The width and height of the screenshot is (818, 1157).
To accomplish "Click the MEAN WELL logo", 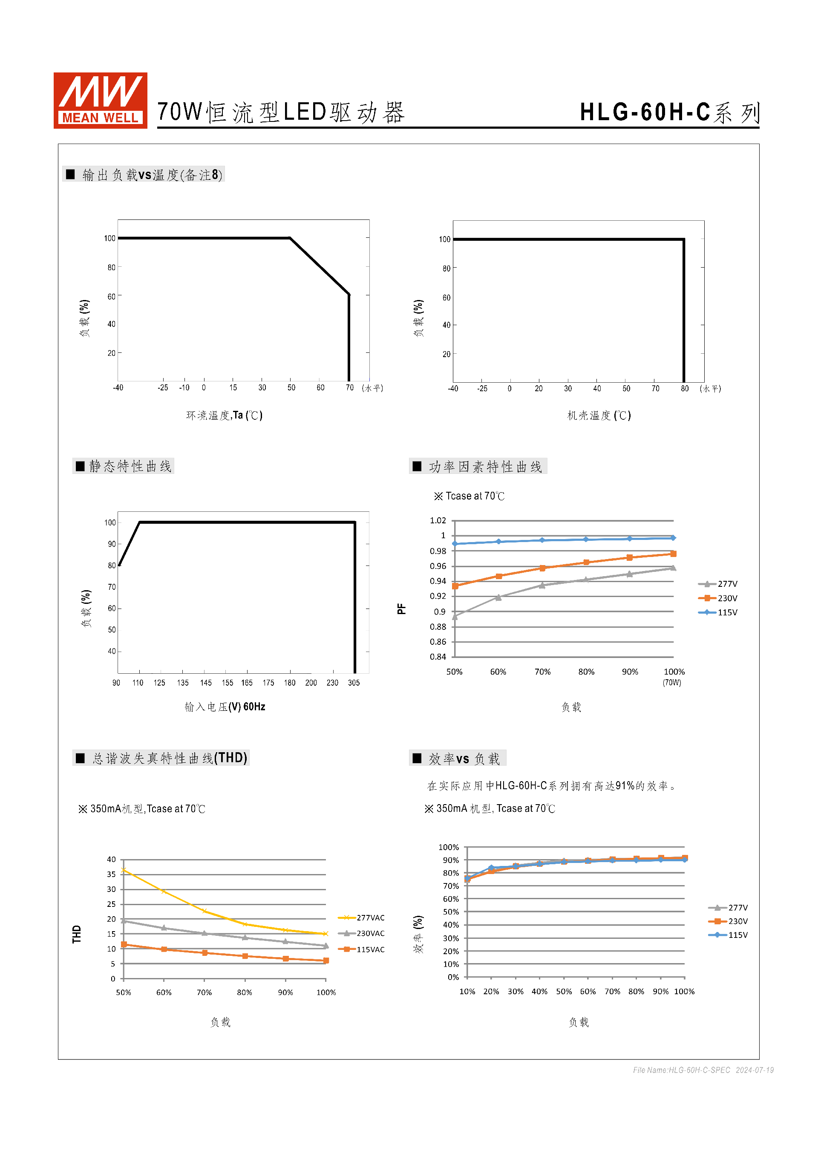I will (100, 100).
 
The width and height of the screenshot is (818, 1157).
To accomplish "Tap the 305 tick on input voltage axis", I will (354, 683).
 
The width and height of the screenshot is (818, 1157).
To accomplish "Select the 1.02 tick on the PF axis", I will (438, 521).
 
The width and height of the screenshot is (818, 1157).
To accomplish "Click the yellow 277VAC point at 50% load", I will (124, 870).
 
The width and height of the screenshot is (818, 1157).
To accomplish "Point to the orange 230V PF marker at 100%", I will (674, 554).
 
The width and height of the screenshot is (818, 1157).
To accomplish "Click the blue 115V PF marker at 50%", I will (455, 544).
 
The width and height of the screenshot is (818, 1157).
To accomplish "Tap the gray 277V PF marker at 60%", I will (498, 597).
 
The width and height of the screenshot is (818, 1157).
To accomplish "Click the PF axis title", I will (401, 609).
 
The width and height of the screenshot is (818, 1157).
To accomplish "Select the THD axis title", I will (77, 934).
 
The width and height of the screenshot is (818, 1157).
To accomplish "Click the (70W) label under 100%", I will (672, 683).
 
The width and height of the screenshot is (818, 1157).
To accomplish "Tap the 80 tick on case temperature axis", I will (685, 389).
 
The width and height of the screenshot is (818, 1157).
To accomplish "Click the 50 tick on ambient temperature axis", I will (291, 387).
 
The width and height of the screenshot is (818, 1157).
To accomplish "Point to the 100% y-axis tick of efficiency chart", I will (448, 847).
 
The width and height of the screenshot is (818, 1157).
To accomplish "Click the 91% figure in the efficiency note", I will (625, 786).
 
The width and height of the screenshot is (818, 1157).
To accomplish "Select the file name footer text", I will (703, 1070).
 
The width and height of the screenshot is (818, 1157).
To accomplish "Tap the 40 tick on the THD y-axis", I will (111, 859).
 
